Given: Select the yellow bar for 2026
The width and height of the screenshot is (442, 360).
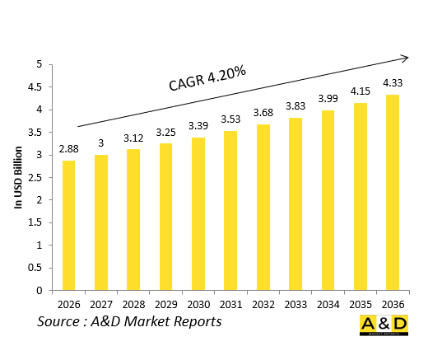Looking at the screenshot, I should click(69, 225).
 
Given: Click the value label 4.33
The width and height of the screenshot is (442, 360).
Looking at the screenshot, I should click(393, 84).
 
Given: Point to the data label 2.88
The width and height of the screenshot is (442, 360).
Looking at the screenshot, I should click(69, 150).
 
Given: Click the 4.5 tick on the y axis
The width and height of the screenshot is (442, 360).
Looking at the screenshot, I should click(35, 86).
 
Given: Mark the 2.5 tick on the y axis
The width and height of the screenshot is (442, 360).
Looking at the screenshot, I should click(35, 177).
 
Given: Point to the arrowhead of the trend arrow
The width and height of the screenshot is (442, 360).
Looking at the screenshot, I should click(405, 58).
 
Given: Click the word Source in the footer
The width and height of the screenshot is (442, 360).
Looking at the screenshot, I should click(59, 321).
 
